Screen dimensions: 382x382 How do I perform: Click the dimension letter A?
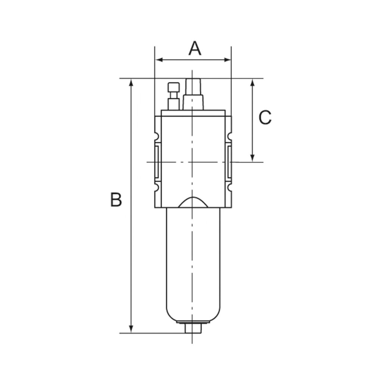[195, 48]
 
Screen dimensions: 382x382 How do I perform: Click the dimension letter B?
[116, 200]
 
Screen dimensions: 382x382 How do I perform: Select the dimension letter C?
[265, 118]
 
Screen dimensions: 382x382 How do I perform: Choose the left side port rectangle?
[156, 162]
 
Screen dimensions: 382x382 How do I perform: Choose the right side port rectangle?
[229, 162]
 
